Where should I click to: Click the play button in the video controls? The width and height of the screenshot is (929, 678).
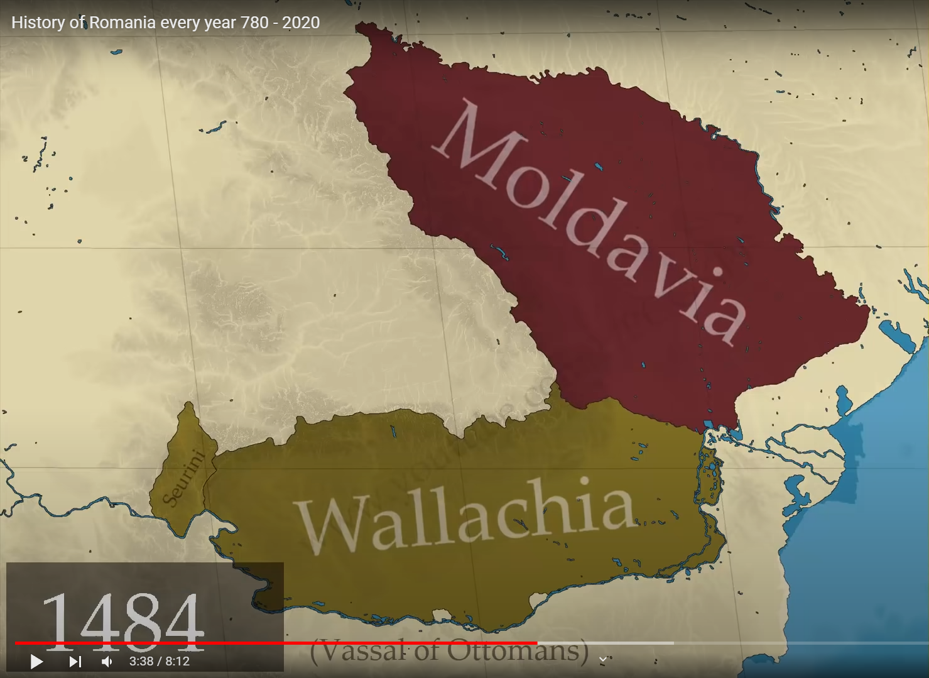point(36,662)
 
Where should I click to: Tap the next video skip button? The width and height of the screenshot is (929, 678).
point(75,662)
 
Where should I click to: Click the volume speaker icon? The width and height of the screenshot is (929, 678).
point(107,662)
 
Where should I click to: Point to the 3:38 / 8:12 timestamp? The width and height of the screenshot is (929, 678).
point(160,662)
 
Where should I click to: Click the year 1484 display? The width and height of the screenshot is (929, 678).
point(123,622)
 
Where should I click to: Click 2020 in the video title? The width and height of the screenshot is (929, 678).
point(301,23)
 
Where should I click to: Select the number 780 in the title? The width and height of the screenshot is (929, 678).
point(254,23)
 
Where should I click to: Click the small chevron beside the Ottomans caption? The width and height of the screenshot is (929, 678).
point(603,659)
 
